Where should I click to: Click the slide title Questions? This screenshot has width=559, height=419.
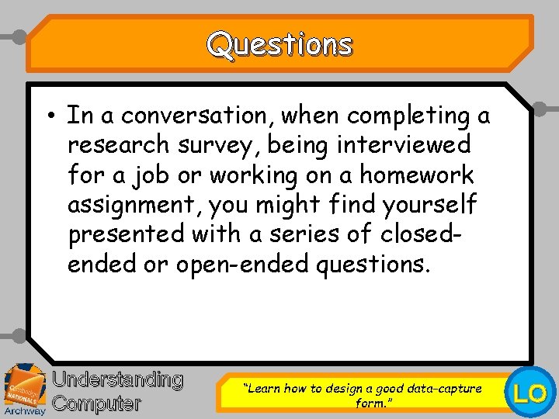279,45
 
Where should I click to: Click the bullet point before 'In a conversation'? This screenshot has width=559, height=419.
49,116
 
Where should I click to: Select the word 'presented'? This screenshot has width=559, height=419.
127,234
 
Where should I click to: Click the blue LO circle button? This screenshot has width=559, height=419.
531,393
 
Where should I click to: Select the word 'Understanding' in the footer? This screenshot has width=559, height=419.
117,379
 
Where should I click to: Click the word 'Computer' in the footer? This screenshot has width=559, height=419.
97,403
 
